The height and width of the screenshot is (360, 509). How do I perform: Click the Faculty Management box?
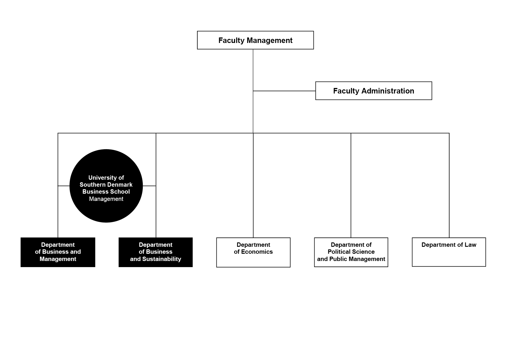click(255, 40)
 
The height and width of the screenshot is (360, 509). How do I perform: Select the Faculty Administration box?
click(373, 91)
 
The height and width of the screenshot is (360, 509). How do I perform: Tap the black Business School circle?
click(106, 186)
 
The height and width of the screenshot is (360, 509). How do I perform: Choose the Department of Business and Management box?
click(58, 252)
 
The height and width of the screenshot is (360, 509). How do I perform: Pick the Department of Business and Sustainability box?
click(156, 252)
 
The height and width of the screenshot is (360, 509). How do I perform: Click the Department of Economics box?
click(253, 252)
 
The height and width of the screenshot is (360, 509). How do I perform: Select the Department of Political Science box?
click(351, 252)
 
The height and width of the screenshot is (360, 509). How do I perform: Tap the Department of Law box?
click(449, 252)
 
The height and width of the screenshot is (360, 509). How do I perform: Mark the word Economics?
click(257, 252)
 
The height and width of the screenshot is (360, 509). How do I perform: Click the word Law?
click(470, 245)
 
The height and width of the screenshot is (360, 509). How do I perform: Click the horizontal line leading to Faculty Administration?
click(284, 91)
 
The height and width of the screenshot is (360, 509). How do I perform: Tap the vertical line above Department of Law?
click(449, 185)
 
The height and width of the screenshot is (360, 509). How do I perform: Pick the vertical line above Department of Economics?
click(253, 185)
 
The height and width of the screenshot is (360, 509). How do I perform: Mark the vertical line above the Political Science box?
click(351, 185)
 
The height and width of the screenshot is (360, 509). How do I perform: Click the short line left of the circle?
click(64, 186)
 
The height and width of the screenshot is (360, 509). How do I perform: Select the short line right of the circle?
click(149, 186)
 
